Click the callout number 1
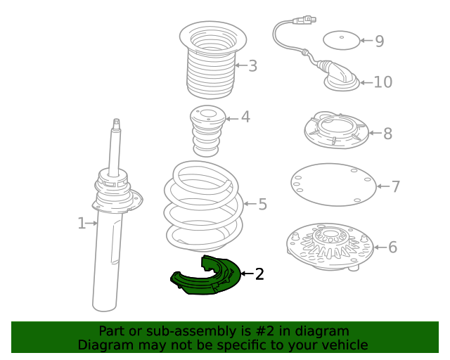(82, 224)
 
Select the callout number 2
(259, 274)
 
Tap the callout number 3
(252, 66)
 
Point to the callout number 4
(245, 117)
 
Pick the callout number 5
(262, 205)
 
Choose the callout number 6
(392, 247)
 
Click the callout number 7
(395, 186)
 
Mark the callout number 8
(387, 133)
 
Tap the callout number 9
(380, 41)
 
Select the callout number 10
(382, 82)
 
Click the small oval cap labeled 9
(341, 40)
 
